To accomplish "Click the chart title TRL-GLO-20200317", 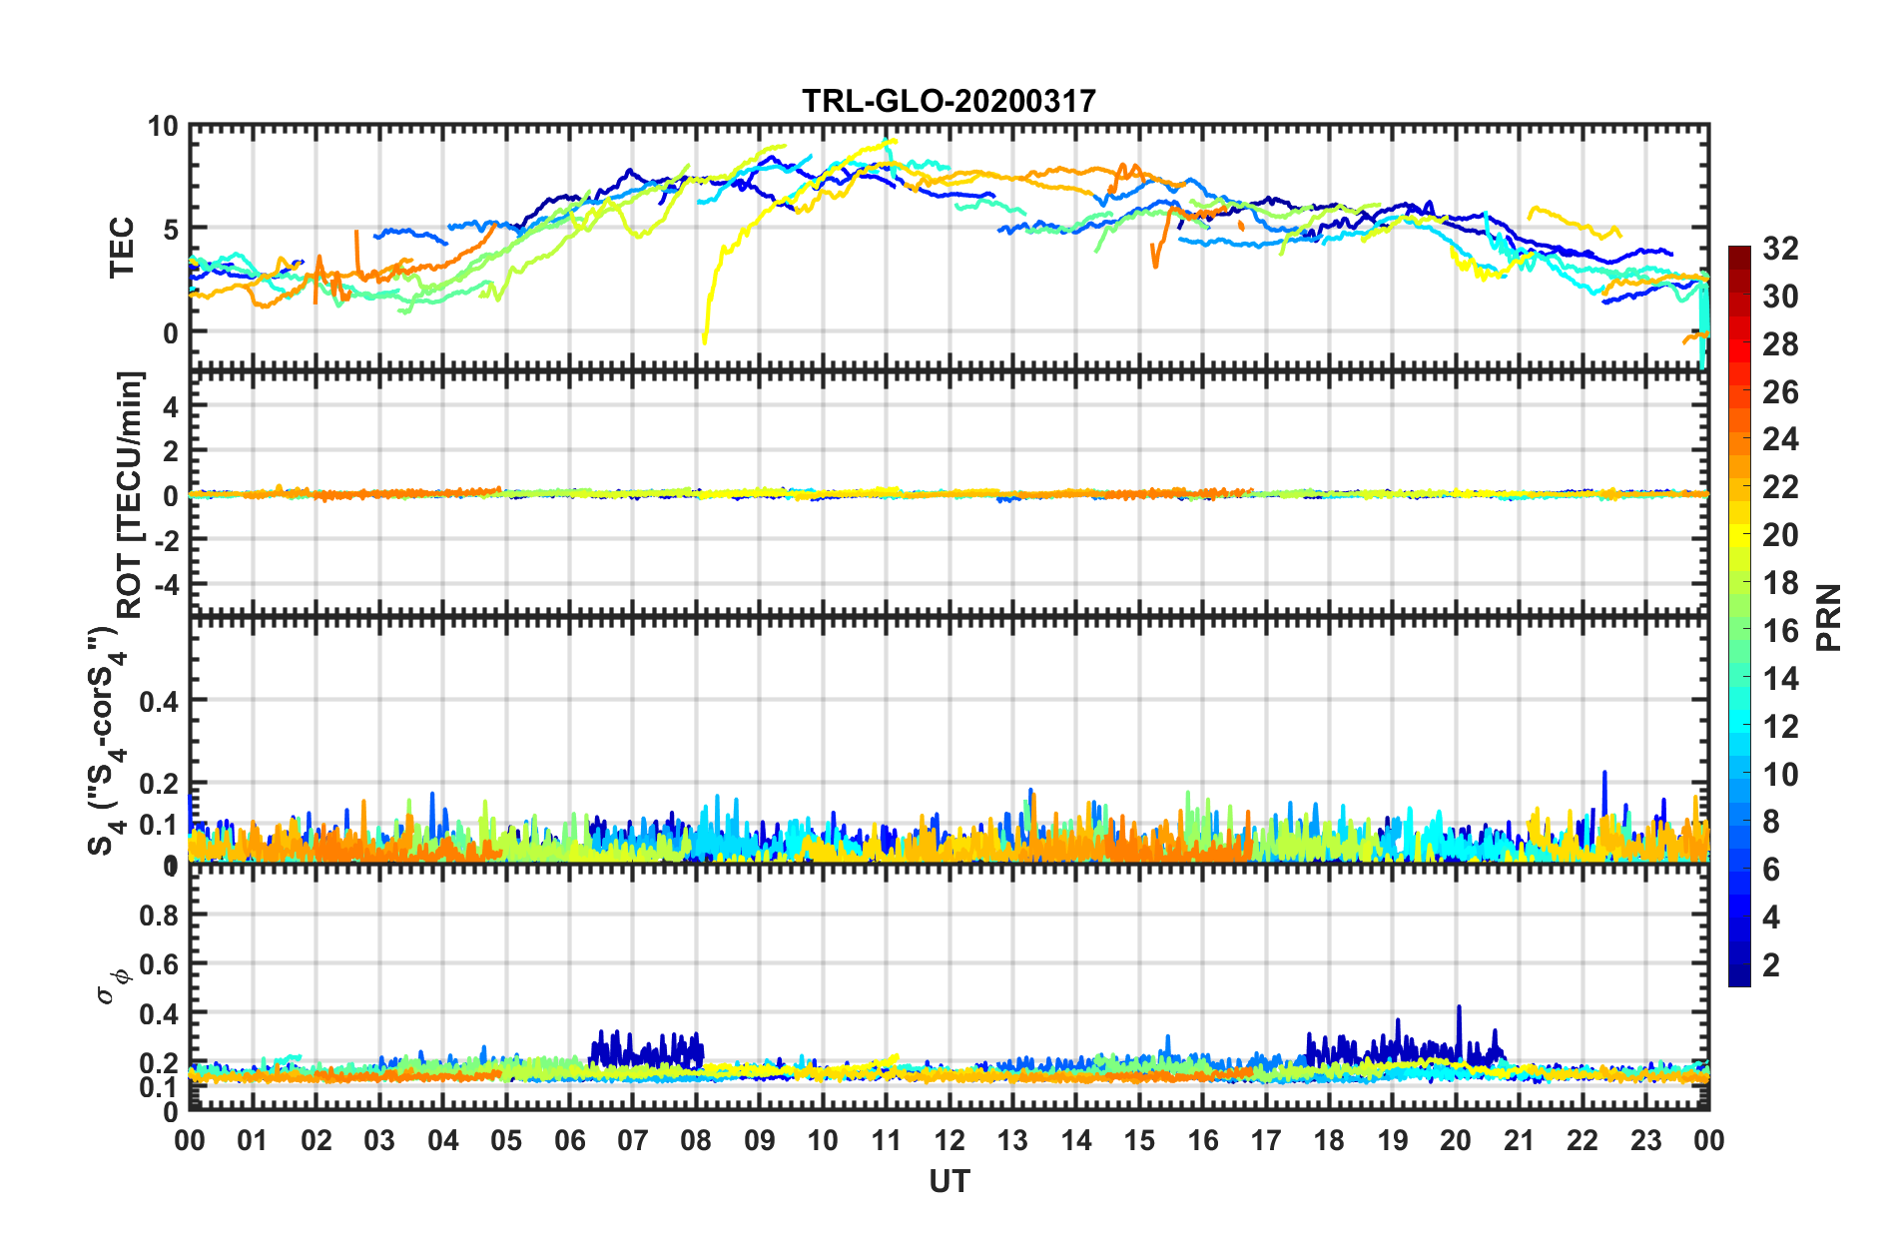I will [949, 101].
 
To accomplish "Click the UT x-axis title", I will [949, 1182].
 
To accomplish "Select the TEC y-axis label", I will [122, 247].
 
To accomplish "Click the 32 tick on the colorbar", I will [1780, 249].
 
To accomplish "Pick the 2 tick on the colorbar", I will [1771, 964].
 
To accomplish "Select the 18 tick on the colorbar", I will [1780, 583].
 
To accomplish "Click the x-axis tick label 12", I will [949, 1140].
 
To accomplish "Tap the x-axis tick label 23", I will [1645, 1140].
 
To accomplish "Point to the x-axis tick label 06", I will [569, 1140].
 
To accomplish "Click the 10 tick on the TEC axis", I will [162, 127].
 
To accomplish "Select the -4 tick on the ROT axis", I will [166, 582].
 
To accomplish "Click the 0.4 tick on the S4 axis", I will [160, 701].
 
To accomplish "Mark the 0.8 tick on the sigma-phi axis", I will [160, 915].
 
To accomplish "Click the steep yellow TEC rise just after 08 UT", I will [714, 280].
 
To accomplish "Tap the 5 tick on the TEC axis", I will [170, 230].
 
